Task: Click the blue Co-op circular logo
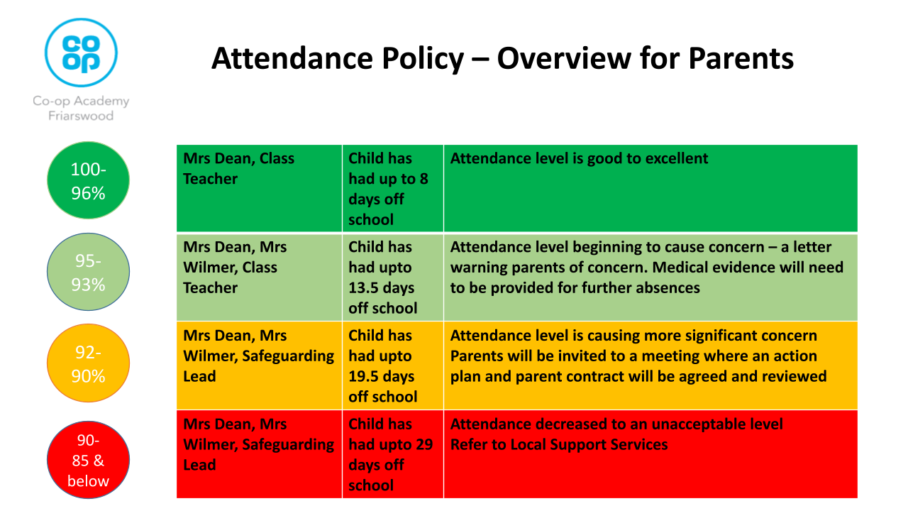tap(81, 53)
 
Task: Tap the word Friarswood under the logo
tap(81, 116)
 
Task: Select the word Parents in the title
tap(741, 58)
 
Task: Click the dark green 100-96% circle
tap(89, 180)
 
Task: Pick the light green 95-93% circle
tap(89, 272)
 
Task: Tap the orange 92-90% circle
tap(89, 363)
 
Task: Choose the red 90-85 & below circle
tap(89, 460)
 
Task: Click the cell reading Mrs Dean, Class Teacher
tap(260, 189)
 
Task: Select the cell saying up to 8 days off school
tap(393, 189)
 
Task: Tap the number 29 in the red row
tap(424, 444)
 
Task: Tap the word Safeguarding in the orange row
tap(288, 356)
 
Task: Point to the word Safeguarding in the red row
tap(288, 445)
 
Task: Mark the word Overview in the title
tap(564, 58)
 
